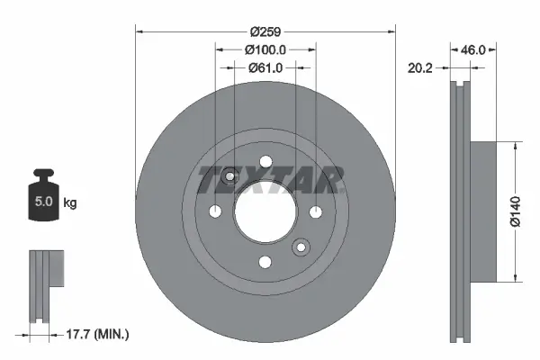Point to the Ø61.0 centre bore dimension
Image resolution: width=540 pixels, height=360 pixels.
(265, 67)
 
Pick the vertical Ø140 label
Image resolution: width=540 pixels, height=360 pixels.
(516, 210)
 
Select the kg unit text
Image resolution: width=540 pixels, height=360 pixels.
(70, 203)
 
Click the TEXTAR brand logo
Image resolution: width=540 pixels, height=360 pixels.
(270, 179)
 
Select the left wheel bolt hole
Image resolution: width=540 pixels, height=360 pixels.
(215, 211)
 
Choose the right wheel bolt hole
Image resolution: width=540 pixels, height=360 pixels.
(316, 211)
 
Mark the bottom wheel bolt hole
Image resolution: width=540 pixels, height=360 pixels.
(265, 262)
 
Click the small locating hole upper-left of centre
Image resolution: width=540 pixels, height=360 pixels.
(229, 176)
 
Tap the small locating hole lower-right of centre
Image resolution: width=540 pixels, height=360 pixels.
(301, 246)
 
